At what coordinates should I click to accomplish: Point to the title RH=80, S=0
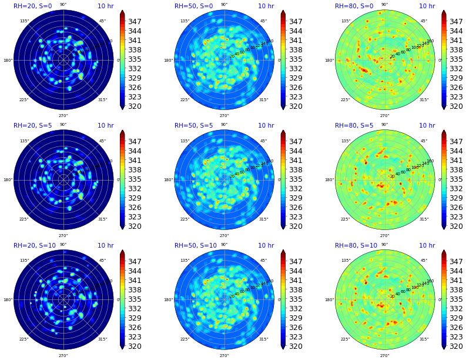pyautogui.click(x=354, y=6)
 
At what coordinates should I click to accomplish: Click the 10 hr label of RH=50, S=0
pyautogui.click(x=266, y=6)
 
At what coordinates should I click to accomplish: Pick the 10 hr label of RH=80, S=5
pyautogui.click(x=427, y=126)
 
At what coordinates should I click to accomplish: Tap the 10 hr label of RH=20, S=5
pyautogui.click(x=105, y=126)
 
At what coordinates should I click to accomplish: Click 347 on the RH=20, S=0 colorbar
pyautogui.click(x=135, y=22)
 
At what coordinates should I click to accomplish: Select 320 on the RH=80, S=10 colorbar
pyautogui.click(x=457, y=346)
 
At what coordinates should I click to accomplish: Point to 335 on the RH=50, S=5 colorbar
pyautogui.click(x=296, y=179)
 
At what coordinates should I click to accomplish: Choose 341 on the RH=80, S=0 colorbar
pyautogui.click(x=457, y=41)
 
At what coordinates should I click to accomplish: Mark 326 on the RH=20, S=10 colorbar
pyautogui.click(x=135, y=328)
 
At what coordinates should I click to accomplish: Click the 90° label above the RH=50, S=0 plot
pyautogui.click(x=224, y=5)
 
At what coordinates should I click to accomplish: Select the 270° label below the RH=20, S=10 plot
pyautogui.click(x=63, y=355)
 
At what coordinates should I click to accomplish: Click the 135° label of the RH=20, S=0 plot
pyautogui.click(x=24, y=21)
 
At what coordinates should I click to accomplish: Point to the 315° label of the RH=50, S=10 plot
pyautogui.click(x=263, y=339)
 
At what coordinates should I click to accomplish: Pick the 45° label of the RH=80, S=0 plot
pyautogui.click(x=424, y=21)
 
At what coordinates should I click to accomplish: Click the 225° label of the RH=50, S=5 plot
pyautogui.click(x=185, y=219)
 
